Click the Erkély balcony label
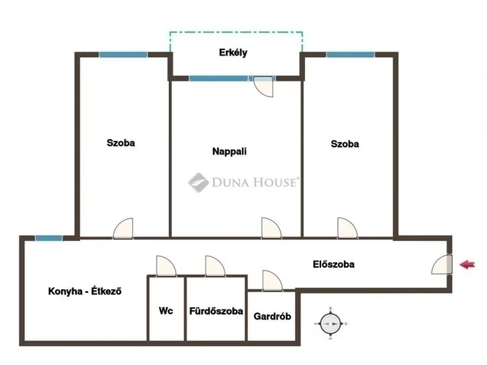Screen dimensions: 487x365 233,52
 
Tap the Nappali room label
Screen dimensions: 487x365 229,151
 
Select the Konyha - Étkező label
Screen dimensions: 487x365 84,291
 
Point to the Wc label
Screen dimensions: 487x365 166,311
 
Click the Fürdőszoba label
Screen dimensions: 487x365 216,311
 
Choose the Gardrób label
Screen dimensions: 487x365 272,316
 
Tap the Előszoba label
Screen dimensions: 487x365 333,264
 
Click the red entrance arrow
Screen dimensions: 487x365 467,265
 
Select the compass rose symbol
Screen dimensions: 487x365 330,323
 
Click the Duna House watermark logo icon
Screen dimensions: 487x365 199,182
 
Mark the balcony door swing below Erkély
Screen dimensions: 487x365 264,86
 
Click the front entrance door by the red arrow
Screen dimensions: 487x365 441,265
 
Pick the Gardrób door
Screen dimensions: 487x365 272,281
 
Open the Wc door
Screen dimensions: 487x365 166,266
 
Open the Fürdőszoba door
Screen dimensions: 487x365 215,266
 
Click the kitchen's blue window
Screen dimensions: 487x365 49,238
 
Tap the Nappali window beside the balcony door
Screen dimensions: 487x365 218,78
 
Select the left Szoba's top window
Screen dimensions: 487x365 123,55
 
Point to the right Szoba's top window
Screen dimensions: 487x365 351,55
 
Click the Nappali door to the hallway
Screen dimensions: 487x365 272,228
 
